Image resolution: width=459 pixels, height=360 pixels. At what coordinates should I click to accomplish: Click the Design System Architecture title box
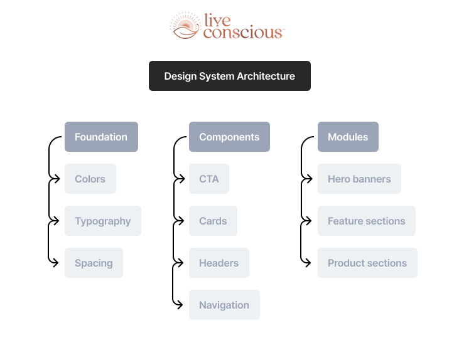click(x=229, y=76)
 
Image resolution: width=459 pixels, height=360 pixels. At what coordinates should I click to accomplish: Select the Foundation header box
click(x=101, y=137)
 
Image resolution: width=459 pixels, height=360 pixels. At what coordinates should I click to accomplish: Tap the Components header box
click(x=229, y=137)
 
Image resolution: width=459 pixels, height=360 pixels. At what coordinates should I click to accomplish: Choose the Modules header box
click(x=348, y=137)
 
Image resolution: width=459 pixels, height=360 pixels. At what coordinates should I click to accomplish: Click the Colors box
click(x=90, y=179)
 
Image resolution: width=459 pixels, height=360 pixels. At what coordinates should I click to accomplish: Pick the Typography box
click(x=102, y=221)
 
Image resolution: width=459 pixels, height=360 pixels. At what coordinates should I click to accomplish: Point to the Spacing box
click(x=94, y=263)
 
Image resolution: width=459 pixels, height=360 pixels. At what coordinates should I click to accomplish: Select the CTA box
click(x=208, y=179)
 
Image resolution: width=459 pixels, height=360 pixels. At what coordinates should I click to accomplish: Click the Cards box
click(x=213, y=221)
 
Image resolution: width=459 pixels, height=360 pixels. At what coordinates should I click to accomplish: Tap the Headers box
click(x=219, y=263)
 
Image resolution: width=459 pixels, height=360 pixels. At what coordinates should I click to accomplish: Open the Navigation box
click(x=224, y=305)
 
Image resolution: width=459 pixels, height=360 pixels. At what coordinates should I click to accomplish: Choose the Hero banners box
click(x=359, y=179)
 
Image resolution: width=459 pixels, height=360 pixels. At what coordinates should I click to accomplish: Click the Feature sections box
click(x=366, y=221)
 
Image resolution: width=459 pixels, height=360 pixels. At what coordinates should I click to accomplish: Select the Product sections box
click(x=367, y=263)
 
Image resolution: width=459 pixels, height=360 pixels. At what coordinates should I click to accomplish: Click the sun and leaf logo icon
click(x=185, y=26)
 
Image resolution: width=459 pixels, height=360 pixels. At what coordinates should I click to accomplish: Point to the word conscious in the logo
click(x=243, y=32)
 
